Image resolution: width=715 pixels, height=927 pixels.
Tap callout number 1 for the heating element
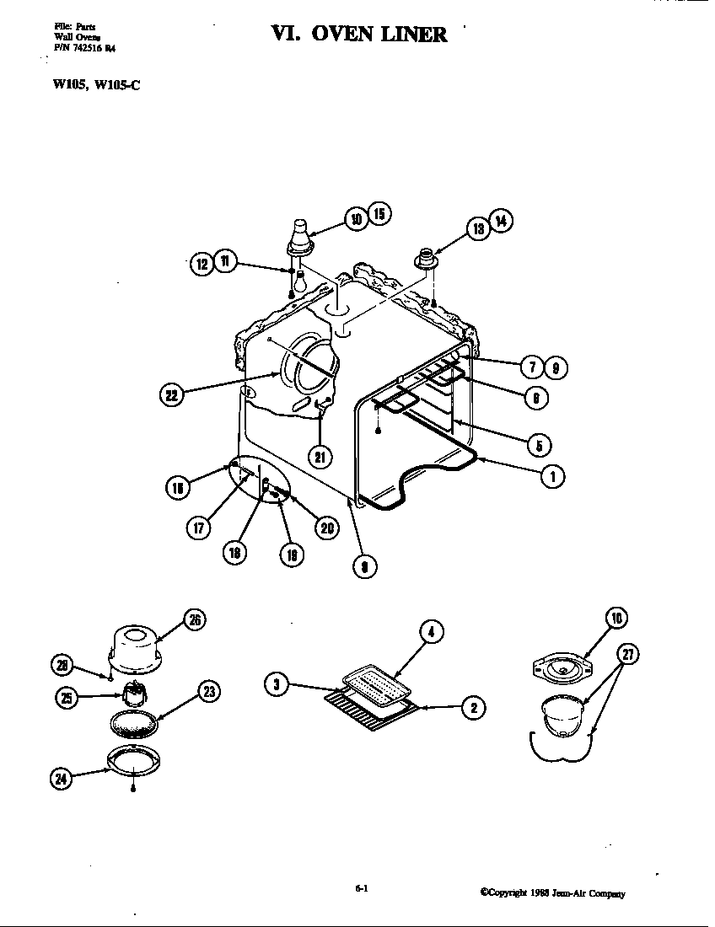pos(552,476)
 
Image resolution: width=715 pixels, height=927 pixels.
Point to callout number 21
pos(320,457)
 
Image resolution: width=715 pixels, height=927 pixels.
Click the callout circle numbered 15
pos(379,214)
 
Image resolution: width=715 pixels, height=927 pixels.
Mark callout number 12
pos(202,264)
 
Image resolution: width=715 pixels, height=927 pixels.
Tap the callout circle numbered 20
pos(326,527)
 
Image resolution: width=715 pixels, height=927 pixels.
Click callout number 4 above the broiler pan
pos(431,632)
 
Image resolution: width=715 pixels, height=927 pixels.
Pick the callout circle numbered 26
pos(195,620)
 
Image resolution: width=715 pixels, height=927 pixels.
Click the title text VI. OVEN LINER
pos(358,34)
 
